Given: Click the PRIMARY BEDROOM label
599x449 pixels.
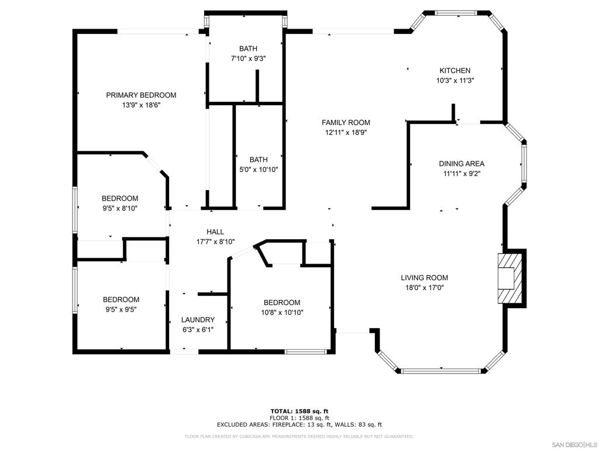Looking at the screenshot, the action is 141,95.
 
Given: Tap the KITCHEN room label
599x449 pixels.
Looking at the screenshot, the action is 455,71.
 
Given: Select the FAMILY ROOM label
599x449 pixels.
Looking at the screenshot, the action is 346,123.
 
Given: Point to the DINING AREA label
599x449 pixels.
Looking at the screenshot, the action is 462,164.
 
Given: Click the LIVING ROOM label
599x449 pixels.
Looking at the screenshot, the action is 425,278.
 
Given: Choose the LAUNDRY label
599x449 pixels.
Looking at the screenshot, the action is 198,320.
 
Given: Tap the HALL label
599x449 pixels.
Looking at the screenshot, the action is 215,232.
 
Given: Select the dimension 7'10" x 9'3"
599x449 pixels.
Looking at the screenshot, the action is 248,59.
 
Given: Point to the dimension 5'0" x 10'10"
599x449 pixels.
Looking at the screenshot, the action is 259,170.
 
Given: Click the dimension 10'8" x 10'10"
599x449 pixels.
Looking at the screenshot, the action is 282,313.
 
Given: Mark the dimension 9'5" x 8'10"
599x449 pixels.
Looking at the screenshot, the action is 120,209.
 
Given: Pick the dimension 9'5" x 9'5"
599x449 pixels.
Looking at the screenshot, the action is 121,310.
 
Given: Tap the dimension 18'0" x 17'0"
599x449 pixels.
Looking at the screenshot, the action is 425,288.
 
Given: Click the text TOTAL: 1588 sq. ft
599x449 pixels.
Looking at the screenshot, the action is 299,411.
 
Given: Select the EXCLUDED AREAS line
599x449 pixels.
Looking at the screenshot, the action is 299,424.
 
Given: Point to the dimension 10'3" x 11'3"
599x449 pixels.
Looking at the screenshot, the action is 455,81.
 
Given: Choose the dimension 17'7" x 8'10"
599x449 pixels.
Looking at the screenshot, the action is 215,241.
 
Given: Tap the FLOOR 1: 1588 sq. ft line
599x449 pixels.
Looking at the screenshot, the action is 299,418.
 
